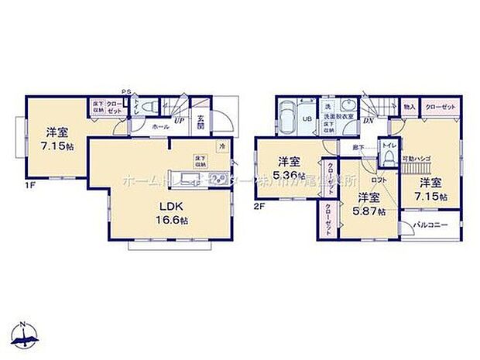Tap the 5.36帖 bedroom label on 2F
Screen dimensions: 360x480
click(x=287, y=168)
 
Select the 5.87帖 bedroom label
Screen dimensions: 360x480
click(x=362, y=204)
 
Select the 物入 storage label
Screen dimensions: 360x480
click(x=410, y=106)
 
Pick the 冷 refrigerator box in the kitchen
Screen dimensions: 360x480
click(x=221, y=147)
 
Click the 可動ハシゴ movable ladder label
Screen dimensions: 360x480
click(x=416, y=158)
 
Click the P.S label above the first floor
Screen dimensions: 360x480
click(x=125, y=90)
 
